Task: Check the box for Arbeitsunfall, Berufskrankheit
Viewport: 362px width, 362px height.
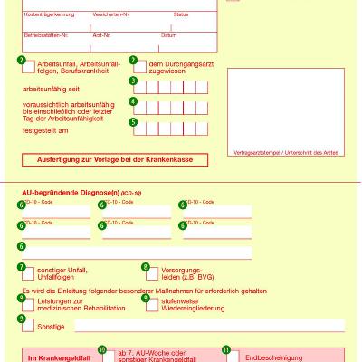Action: click(30, 67)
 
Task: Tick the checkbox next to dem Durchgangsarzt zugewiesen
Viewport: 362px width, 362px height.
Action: click(140, 67)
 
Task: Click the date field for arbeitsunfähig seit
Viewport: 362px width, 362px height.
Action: click(172, 88)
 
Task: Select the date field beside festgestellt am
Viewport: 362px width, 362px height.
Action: click(172, 128)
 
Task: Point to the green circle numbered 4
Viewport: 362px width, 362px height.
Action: click(133, 102)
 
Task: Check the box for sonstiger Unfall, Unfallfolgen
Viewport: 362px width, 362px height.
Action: click(30, 272)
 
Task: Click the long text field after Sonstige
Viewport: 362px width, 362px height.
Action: click(208, 325)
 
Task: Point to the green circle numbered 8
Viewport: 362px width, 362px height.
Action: click(145, 267)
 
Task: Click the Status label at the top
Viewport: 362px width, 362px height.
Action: click(180, 15)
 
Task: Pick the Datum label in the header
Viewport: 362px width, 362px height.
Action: click(167, 35)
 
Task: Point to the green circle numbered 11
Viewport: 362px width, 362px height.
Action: click(226, 348)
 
